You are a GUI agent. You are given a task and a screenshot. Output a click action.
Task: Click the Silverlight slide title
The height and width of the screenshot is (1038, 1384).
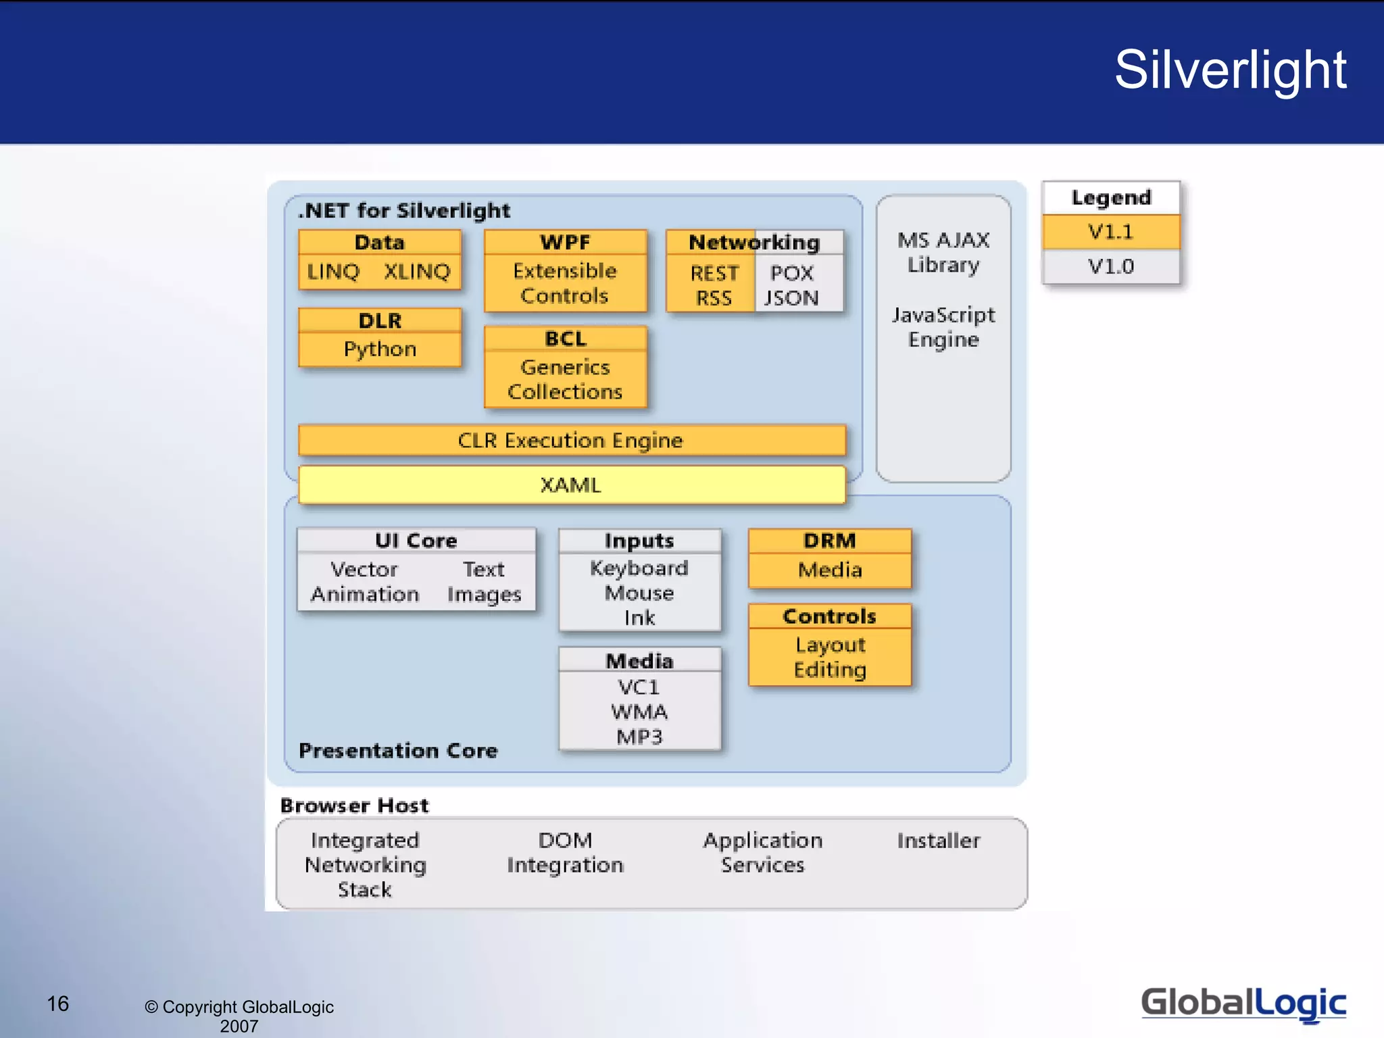coord(1230,70)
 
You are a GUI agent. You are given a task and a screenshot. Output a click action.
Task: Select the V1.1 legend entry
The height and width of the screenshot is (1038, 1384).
coord(1110,232)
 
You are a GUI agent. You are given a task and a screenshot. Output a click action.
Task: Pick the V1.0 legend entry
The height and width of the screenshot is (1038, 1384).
coord(1110,266)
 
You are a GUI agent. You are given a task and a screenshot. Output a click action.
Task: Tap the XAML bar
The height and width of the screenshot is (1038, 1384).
coord(571,485)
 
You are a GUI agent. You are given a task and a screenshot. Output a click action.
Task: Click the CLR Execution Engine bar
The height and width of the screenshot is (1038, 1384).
coord(571,441)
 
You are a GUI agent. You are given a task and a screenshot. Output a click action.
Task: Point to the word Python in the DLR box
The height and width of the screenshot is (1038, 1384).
coord(380,349)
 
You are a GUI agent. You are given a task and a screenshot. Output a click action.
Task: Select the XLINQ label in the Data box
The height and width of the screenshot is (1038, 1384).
coord(417,272)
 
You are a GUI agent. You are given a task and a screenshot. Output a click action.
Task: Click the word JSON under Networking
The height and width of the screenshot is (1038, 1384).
coord(791,298)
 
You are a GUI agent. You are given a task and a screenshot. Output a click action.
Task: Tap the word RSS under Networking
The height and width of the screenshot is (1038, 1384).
coord(714,298)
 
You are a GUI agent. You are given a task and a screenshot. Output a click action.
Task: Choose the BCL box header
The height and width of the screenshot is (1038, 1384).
coord(566,339)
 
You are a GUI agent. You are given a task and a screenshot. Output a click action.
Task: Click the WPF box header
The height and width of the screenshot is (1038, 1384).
coord(566,242)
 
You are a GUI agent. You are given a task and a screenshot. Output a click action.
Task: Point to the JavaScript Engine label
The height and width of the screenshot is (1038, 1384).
coord(943,327)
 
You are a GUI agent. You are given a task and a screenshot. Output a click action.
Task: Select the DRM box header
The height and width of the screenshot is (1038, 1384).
coord(830,541)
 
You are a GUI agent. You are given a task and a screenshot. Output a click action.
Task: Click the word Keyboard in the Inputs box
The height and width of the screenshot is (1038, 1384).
coord(639,568)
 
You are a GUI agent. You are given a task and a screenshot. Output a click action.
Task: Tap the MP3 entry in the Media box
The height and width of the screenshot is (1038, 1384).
coord(639,737)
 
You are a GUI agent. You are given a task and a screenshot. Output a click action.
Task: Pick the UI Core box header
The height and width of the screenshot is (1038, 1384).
coord(416,541)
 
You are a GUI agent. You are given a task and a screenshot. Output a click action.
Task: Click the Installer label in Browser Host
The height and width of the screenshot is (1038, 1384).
coord(939,841)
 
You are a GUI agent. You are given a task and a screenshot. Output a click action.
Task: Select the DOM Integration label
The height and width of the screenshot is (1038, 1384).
coord(566,853)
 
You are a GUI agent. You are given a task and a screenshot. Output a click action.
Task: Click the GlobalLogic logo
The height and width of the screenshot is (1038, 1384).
coord(1243,1004)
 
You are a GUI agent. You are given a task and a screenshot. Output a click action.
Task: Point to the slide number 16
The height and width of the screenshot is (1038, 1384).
coord(58,1004)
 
